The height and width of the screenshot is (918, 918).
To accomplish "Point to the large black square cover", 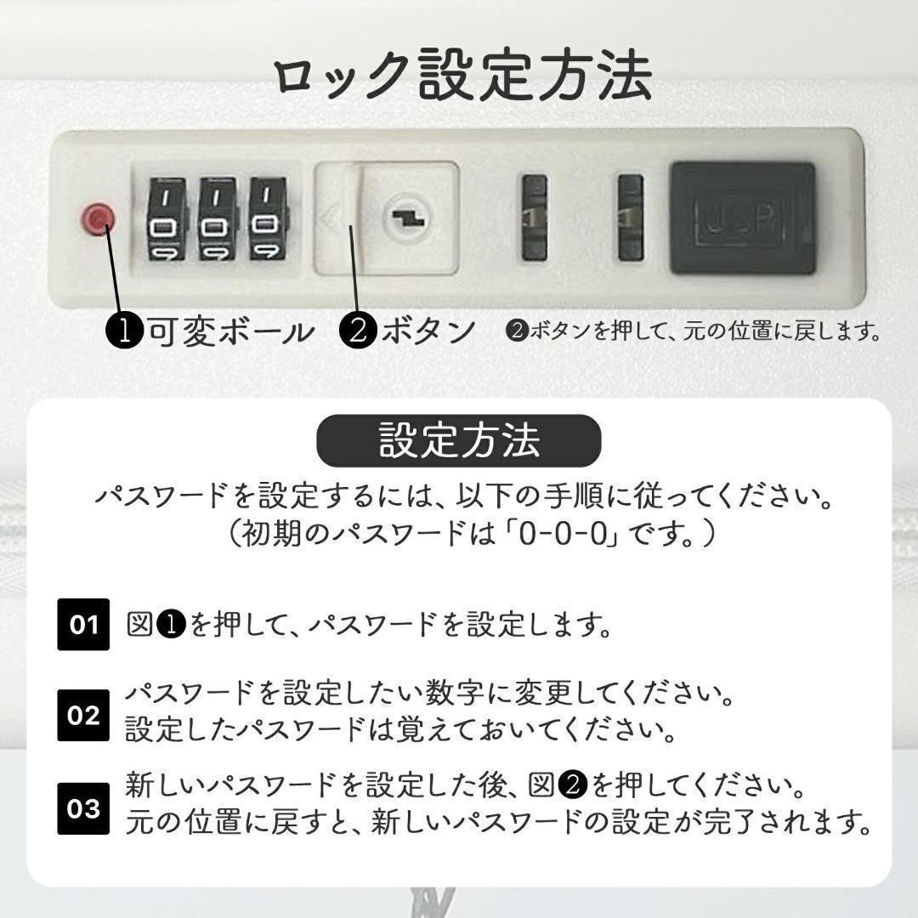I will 742,218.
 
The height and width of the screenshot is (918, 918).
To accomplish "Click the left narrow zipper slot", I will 534,218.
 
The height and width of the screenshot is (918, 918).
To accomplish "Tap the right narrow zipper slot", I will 630,218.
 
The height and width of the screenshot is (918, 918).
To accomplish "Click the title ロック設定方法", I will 463,76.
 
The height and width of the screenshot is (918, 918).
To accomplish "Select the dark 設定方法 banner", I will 459,441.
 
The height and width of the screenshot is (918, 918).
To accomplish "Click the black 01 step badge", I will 83,625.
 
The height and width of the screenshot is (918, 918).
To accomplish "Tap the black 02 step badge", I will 83,715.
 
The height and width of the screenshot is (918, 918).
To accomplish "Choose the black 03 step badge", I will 83,807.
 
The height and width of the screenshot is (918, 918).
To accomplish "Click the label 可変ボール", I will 229,331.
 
